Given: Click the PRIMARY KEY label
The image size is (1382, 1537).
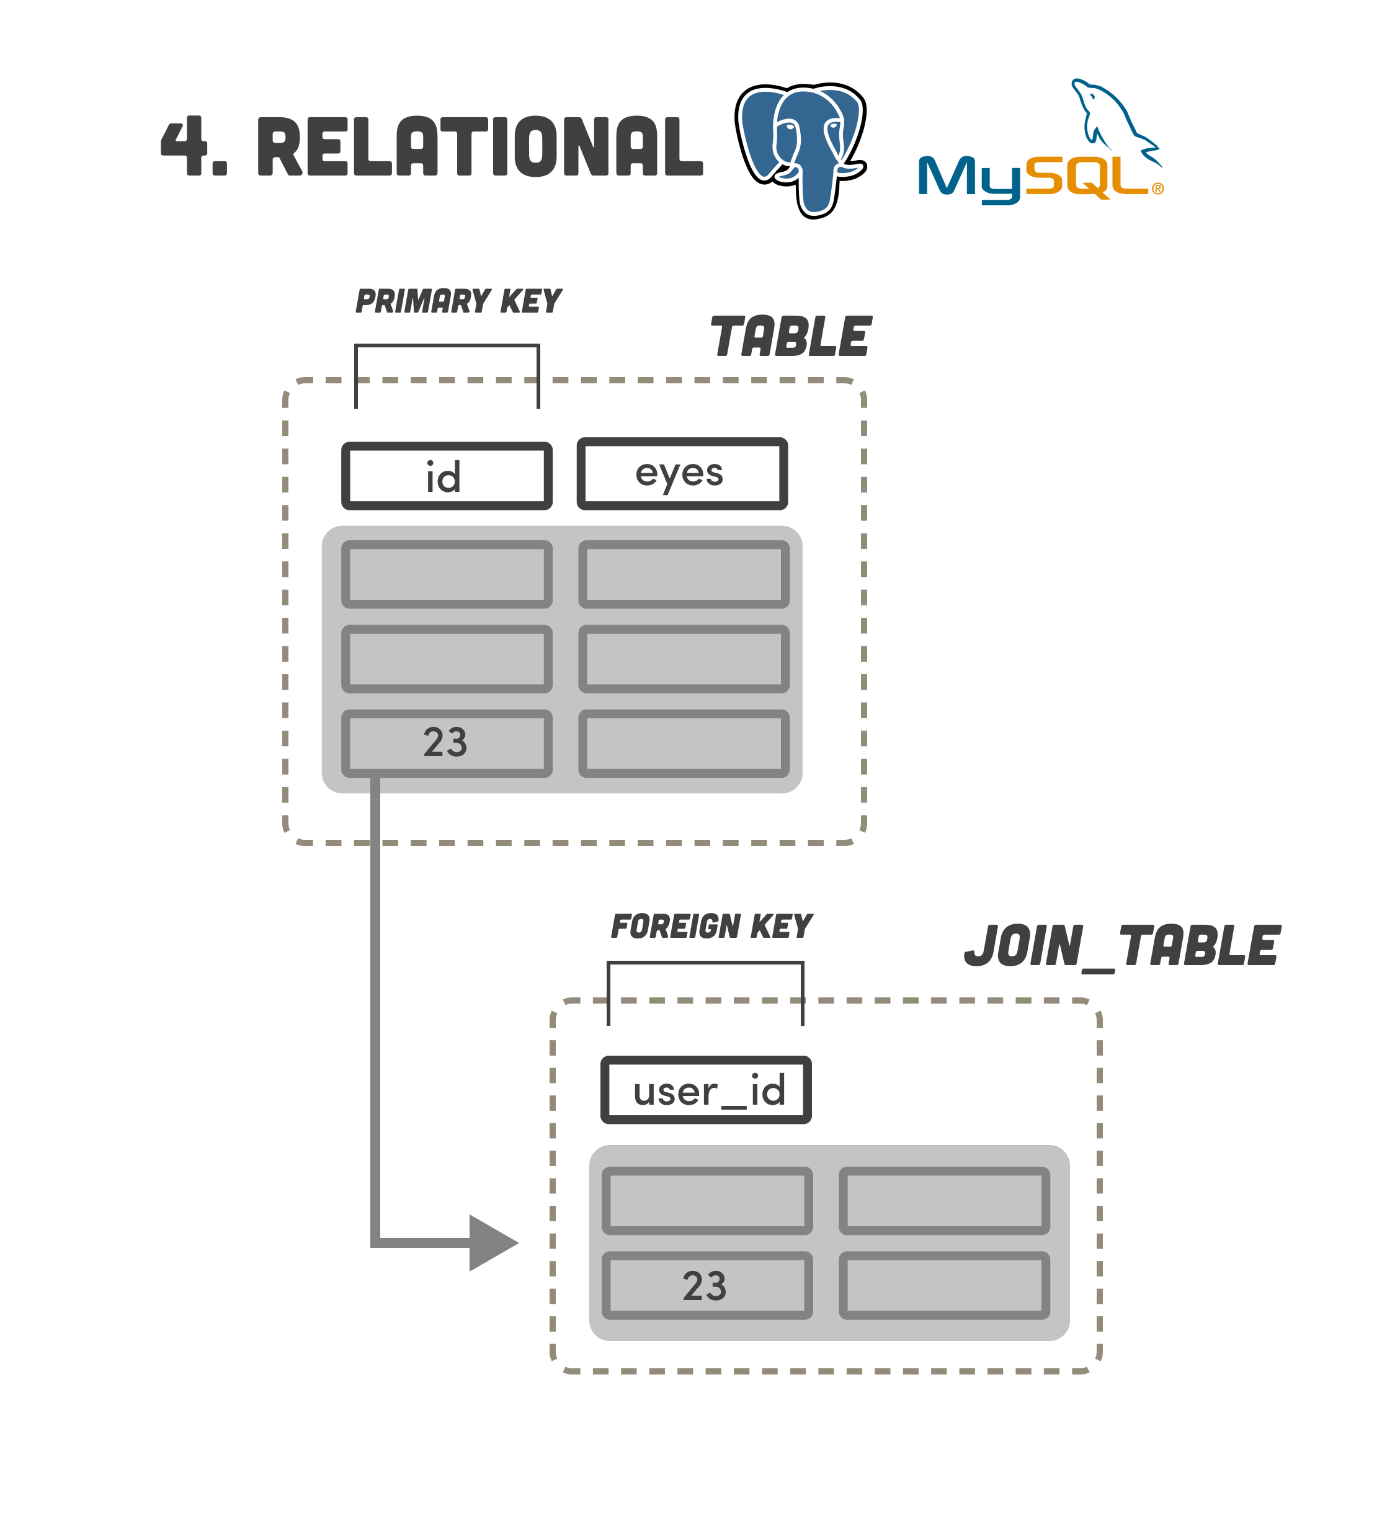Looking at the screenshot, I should tap(458, 301).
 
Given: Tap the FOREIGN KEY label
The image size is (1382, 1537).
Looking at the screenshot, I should tap(711, 927).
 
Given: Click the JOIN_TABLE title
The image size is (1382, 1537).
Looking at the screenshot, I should tap(1121, 947).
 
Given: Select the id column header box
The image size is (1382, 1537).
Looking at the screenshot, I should tap(447, 476).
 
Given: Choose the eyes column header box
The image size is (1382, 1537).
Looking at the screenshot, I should tap(682, 473).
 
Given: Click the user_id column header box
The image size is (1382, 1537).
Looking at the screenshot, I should tap(705, 1090).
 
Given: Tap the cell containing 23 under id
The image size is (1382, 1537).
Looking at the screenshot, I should tap(447, 742).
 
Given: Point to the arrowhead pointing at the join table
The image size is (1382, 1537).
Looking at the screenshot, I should tap(491, 1243).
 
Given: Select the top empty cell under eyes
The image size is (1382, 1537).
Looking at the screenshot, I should tap(684, 574).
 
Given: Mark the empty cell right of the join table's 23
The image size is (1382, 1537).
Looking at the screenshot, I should tap(944, 1286).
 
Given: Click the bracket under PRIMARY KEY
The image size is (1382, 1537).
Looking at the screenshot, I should tap(447, 346).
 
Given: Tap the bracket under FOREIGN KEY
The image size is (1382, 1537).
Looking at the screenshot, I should tap(705, 964).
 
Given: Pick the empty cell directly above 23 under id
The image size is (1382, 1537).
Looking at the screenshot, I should tap(447, 658).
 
